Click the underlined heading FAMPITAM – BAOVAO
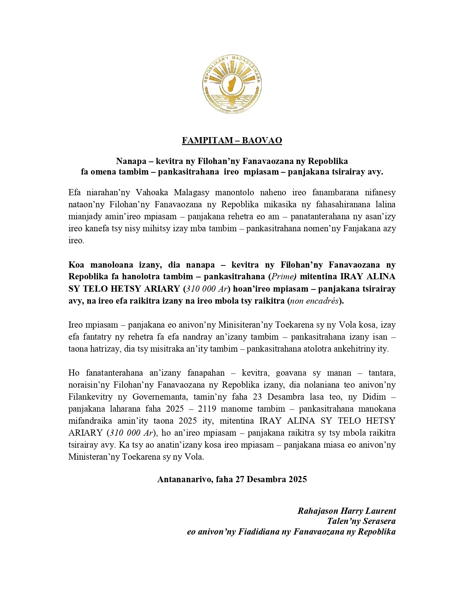tap(232, 140)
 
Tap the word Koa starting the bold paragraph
tap(76, 265)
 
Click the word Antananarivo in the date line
tap(184, 479)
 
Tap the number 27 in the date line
tap(239, 479)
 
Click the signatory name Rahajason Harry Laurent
tap(346, 511)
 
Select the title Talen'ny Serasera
tap(361, 521)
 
